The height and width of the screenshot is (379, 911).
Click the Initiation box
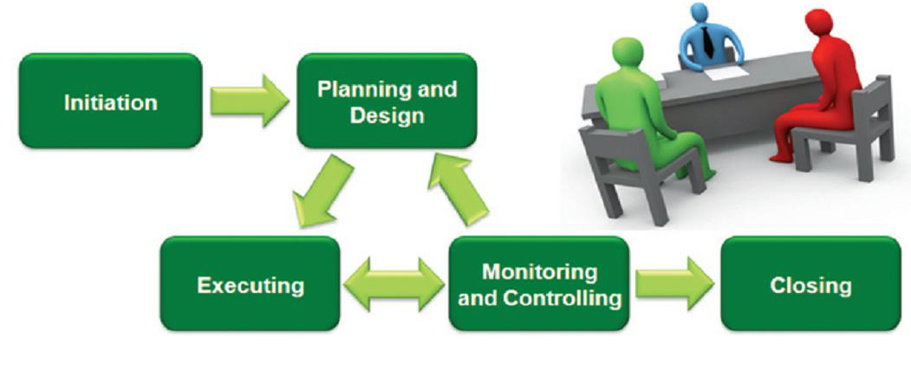pos(110,101)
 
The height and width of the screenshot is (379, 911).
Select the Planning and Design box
pos(387,101)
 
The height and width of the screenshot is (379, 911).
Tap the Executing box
pos(250,284)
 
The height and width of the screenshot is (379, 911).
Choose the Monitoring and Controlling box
pos(539,284)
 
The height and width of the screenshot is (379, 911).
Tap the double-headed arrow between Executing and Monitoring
pos(394,284)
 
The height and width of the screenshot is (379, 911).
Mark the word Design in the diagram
pos(387,114)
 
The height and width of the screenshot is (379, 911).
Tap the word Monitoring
pos(539,271)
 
